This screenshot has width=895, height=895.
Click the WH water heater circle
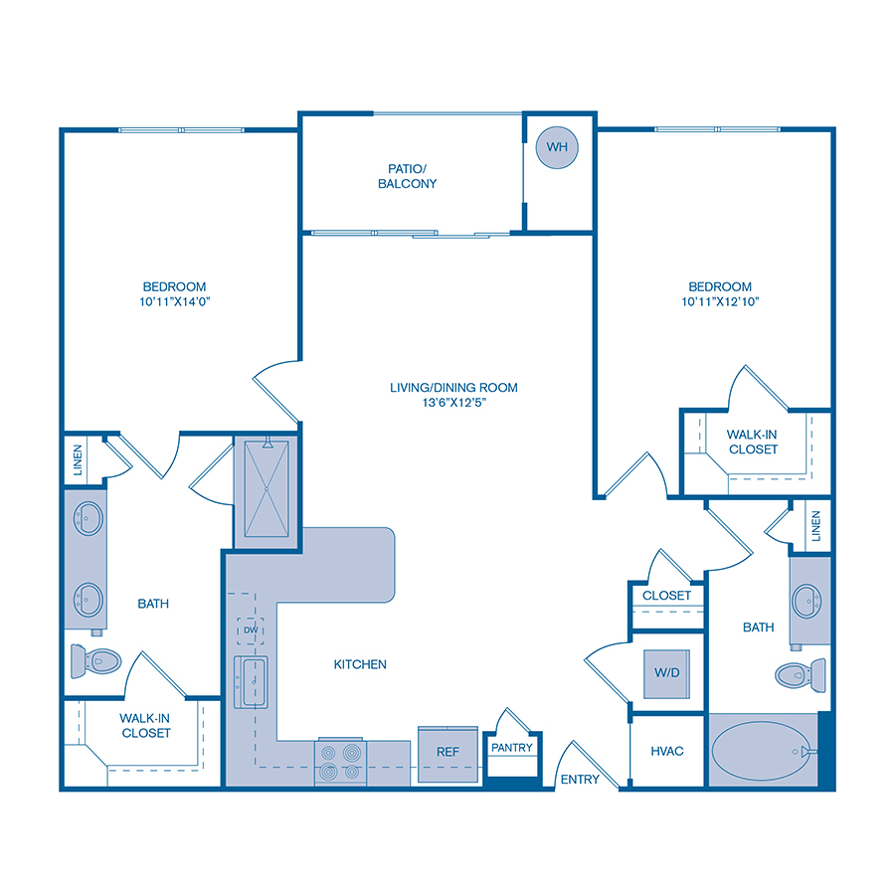pos(557,147)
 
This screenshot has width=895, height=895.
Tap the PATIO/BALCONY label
pos(413,176)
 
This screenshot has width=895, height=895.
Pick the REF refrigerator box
pos(447,752)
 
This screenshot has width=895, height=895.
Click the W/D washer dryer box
pos(666,673)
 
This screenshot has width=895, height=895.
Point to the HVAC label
pos(667,751)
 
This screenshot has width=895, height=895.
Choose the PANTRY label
pos(512,748)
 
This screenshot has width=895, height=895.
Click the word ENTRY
pos(580,780)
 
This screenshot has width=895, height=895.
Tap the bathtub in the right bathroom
pos(761,751)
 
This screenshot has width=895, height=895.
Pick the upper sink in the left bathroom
pos(89,517)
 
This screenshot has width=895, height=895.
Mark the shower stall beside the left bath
pos(266,491)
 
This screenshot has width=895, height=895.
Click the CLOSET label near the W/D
pos(666,596)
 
